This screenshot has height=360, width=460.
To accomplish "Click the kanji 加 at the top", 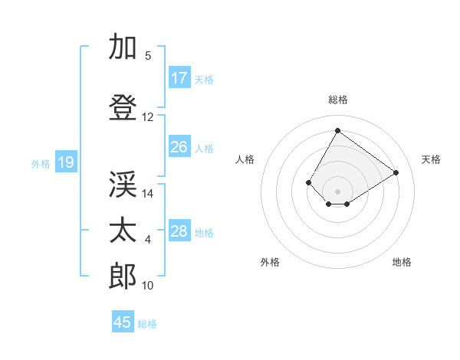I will click(x=123, y=47).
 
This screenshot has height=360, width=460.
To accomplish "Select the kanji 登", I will click(x=123, y=108).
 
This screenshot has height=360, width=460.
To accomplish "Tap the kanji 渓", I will click(x=123, y=185).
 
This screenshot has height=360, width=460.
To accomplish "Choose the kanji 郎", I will click(x=123, y=276).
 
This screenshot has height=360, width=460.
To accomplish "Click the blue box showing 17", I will click(x=179, y=78).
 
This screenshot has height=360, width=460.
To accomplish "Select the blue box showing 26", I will click(x=179, y=147).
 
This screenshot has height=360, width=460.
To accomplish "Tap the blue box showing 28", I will click(x=179, y=231).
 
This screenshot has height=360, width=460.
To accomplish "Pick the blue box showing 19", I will click(x=66, y=162).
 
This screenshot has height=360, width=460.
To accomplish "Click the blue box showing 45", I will click(x=123, y=322).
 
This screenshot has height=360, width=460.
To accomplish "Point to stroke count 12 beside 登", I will click(x=148, y=117).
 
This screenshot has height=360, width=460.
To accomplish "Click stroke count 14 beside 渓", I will click(x=148, y=194).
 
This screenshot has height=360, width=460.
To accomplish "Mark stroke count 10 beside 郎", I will click(x=148, y=286).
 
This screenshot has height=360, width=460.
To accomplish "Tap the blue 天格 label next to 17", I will click(x=204, y=79).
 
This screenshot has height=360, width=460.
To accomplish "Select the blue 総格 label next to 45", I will click(x=147, y=323).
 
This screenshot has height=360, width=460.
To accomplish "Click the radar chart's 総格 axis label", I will click(x=337, y=100).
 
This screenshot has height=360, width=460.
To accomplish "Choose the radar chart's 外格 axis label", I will click(x=270, y=262).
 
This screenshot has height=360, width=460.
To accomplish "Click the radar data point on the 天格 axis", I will click(x=396, y=172).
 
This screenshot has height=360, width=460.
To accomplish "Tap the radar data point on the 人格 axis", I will click(x=309, y=182).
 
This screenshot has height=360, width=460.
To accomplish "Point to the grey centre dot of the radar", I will click(x=337, y=191).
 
